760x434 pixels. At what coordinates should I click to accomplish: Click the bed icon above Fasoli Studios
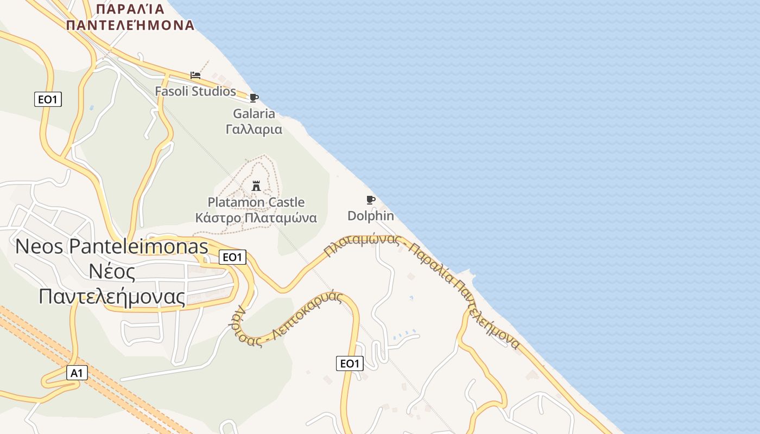click(195, 75)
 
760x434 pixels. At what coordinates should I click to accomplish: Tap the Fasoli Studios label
click(195, 91)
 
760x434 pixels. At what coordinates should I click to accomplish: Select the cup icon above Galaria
click(254, 98)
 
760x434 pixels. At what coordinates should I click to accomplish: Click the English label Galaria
click(254, 114)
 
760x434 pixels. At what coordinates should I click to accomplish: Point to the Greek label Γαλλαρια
click(254, 130)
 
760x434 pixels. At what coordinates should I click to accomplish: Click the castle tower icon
click(256, 187)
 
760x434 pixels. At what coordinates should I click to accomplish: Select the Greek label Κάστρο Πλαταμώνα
click(256, 218)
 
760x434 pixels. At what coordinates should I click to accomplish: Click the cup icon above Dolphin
click(371, 200)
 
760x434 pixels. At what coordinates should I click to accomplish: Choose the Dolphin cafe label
click(371, 216)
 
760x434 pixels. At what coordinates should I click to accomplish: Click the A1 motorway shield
click(77, 373)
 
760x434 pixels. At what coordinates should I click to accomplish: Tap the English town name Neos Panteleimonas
click(112, 246)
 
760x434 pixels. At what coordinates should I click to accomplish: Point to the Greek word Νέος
click(112, 271)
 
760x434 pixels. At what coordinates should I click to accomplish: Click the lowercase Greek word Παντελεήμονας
click(112, 296)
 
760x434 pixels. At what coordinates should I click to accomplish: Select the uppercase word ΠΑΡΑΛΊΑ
click(130, 9)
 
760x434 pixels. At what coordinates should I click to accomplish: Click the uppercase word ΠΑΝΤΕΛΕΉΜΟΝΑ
click(130, 25)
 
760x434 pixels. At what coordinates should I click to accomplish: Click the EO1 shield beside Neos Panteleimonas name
click(232, 257)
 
